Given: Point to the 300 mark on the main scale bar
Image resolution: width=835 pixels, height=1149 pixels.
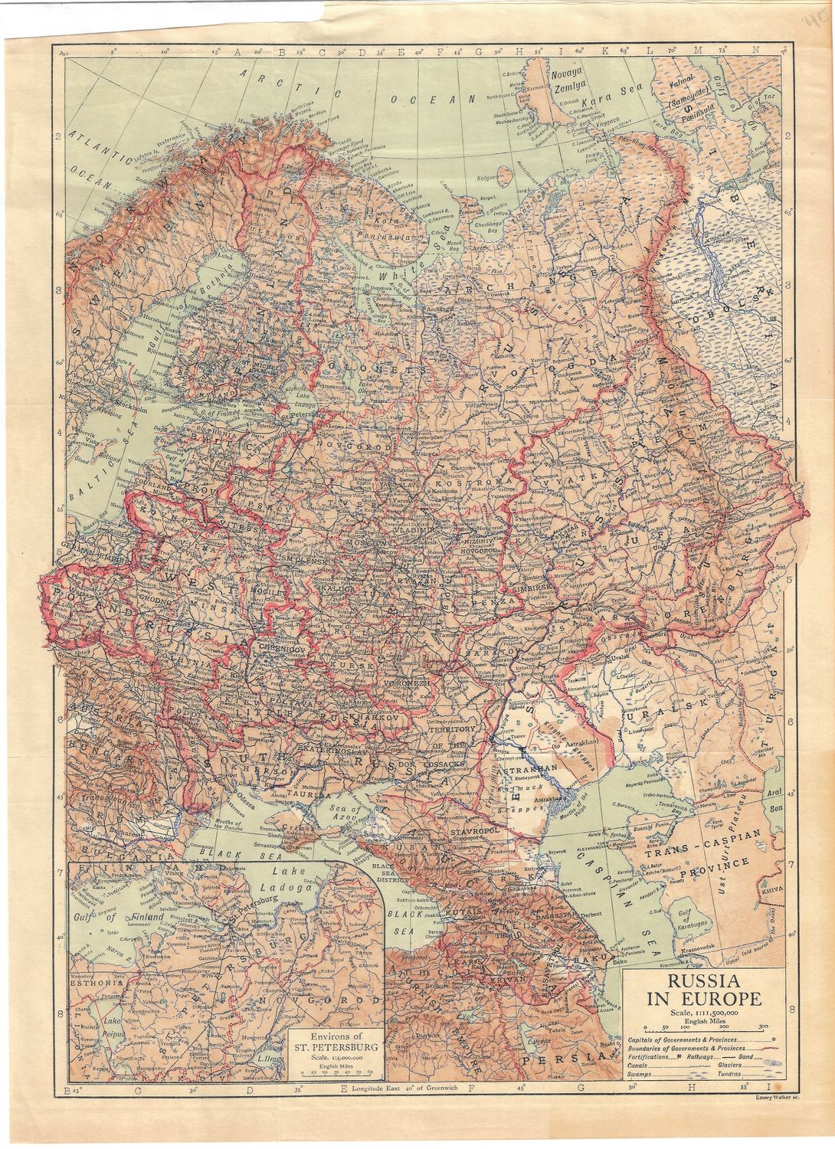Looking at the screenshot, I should coord(763,1025).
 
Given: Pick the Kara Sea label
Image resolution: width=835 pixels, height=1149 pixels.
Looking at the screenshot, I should coord(600,101).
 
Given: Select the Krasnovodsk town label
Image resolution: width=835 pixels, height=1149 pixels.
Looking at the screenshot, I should coord(698,948).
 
